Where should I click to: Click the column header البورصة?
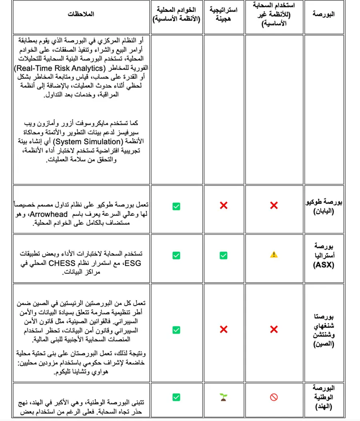click(324, 14)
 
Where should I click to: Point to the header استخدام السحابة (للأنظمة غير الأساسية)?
click(274, 14)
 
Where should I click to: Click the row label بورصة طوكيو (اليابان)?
click(324, 206)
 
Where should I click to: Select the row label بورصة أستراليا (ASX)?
click(324, 254)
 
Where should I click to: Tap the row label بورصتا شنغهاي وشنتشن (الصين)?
click(324, 329)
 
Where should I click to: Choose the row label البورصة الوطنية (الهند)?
click(324, 397)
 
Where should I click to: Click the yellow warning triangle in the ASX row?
click(274, 254)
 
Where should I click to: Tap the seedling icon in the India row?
click(224, 397)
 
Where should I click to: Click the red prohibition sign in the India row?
click(274, 397)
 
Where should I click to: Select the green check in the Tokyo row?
click(176, 206)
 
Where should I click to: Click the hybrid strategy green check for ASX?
click(224, 255)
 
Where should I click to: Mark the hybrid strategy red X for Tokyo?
click(224, 206)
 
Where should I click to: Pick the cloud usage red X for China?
click(274, 329)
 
